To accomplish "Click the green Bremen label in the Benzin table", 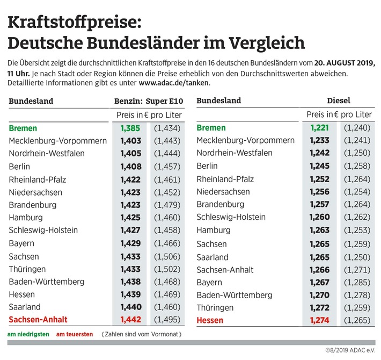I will pyautogui.click(x=24, y=128).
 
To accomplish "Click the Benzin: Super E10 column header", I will pyautogui.click(x=148, y=101).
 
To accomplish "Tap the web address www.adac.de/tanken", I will pyautogui.click(x=174, y=82).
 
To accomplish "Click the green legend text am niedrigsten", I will pyautogui.click(x=28, y=334).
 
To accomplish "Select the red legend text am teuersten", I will pyautogui.click(x=75, y=334).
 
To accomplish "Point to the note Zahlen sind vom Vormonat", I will pyautogui.click(x=142, y=334).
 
